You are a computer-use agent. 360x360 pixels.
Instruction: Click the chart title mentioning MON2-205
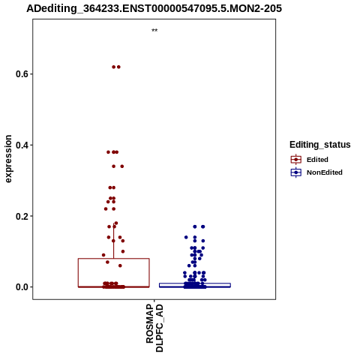click(154, 8)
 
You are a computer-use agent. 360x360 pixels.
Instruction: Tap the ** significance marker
click(154, 31)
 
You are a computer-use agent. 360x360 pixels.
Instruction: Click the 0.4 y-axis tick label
click(22, 145)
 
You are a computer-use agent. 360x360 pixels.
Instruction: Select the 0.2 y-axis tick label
click(22, 216)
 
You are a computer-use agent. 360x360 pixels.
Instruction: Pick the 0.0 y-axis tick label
click(22, 287)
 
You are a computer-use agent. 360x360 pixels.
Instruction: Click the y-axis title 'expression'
click(8, 159)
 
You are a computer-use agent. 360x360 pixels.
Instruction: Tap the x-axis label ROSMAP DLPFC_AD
click(154, 328)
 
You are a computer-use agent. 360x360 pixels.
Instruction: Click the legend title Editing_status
click(320, 145)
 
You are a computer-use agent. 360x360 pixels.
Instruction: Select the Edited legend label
click(317, 160)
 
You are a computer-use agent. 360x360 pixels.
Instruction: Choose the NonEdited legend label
click(325, 172)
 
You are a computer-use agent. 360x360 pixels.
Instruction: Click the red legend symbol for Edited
click(296, 160)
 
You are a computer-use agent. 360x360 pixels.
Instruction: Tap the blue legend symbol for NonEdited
click(296, 172)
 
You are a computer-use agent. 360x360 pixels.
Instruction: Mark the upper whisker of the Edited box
click(114, 241)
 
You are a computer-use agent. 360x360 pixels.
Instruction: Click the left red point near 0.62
click(114, 67)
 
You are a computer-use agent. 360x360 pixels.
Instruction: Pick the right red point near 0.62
click(118, 67)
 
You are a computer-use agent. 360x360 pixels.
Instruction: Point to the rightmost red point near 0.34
click(122, 166)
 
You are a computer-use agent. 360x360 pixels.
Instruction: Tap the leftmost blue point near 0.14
click(186, 237)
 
